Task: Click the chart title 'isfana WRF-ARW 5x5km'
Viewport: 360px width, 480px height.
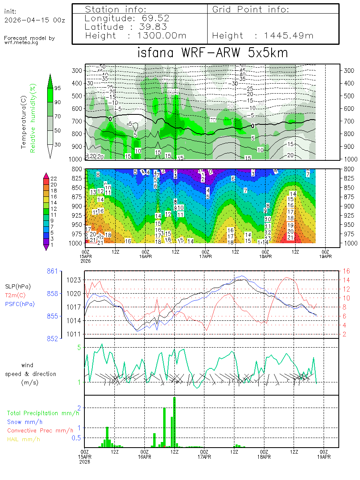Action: pyautogui.click(x=212, y=53)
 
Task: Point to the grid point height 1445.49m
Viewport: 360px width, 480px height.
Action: pyautogui.click(x=289, y=36)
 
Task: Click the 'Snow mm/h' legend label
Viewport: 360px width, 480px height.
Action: pyautogui.click(x=25, y=422)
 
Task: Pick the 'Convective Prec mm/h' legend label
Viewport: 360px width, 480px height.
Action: pyautogui.click(x=40, y=430)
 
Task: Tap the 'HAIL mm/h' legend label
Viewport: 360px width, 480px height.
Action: pyautogui.click(x=24, y=439)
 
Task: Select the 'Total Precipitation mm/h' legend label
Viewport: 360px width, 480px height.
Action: pyautogui.click(x=43, y=413)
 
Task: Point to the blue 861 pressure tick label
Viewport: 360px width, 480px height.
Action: pyautogui.click(x=52, y=271)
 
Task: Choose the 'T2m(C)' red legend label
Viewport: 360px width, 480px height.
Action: pyautogui.click(x=14, y=295)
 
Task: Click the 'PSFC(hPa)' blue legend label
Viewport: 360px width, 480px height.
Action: pyautogui.click(x=20, y=304)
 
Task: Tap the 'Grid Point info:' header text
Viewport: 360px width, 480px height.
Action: pyautogui.click(x=251, y=9)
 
